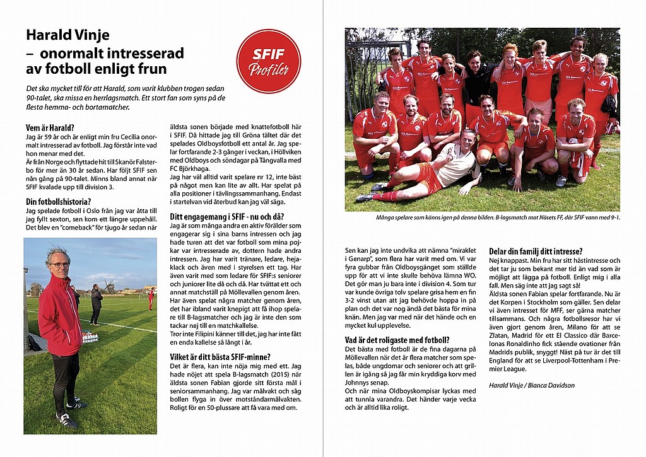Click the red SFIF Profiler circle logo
(x=268, y=61)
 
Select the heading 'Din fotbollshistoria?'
(x=58, y=202)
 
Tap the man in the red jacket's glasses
(x=60, y=265)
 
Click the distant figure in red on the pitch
(x=151, y=298)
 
